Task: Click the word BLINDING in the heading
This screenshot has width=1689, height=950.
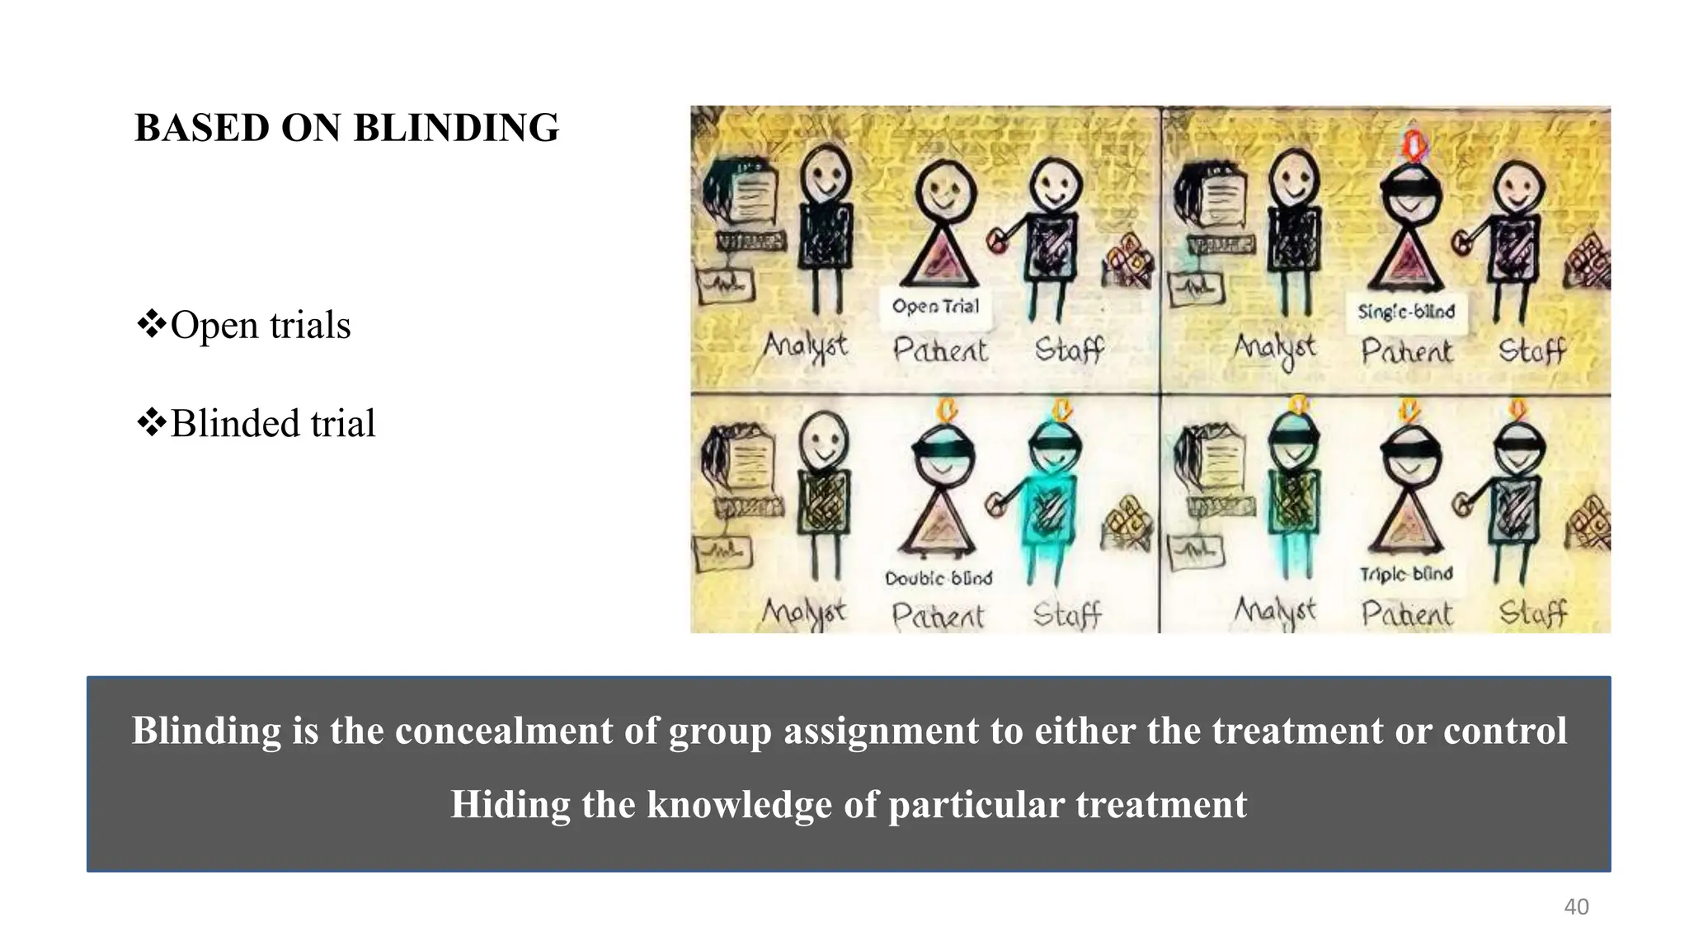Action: point(456,128)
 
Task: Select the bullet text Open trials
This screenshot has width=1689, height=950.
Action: point(261,325)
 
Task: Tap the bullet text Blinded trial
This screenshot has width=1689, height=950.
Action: point(273,424)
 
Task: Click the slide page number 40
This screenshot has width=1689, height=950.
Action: point(1576,906)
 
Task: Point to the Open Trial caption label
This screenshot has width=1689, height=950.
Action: point(935,306)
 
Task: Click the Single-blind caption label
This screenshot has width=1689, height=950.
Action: point(1406,312)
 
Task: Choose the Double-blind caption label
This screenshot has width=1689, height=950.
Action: point(939,578)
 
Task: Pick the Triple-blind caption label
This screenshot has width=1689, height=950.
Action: point(1406,574)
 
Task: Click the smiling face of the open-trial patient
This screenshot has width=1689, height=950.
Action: point(944,190)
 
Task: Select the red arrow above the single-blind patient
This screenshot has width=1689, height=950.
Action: point(1415,145)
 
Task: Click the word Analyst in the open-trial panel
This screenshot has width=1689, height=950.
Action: point(805,346)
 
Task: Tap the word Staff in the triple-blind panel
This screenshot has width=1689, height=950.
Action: point(1532,613)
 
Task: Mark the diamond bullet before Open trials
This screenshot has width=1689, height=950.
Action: point(151,323)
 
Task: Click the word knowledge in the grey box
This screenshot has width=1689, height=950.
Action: point(738,804)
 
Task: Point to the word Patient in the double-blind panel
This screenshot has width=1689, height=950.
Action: point(938,616)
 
